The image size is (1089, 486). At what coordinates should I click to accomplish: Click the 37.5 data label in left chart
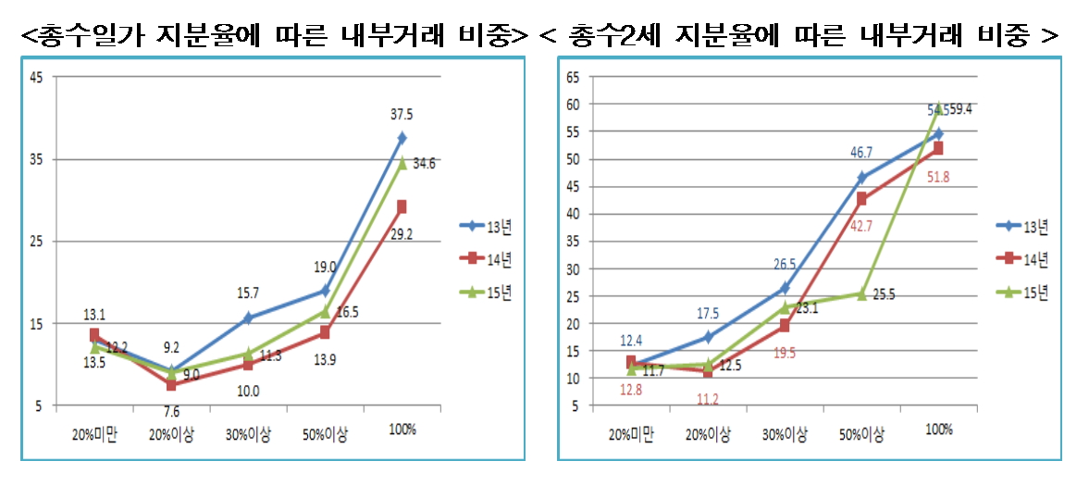click(x=402, y=115)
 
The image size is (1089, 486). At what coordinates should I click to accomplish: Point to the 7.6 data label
click(x=172, y=412)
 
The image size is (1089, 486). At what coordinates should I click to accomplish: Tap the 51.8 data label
click(x=938, y=177)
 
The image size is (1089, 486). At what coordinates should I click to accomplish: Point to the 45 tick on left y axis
click(x=36, y=78)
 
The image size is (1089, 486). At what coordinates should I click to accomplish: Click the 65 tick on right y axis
click(x=573, y=78)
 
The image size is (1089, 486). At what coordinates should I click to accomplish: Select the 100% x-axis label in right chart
click(x=938, y=429)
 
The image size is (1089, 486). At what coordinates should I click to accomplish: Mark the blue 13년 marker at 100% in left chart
click(x=402, y=138)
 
